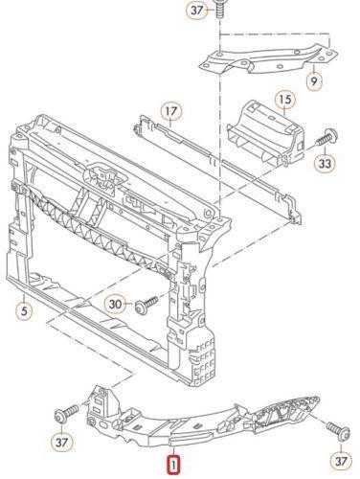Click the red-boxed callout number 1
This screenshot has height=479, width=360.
[x=174, y=465]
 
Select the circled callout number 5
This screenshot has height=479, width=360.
[x=25, y=310]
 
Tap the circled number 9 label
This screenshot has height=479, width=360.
[x=314, y=81]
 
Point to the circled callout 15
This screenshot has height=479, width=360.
[x=285, y=100]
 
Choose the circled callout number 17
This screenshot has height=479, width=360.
[x=171, y=111]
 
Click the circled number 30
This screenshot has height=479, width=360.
[x=116, y=305]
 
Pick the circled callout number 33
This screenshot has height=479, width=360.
[x=326, y=164]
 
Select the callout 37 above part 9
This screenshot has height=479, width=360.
[x=197, y=11]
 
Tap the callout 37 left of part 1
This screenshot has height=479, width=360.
[x=61, y=443]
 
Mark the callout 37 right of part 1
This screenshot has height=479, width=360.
[x=341, y=461]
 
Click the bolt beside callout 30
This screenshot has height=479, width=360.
[x=146, y=305]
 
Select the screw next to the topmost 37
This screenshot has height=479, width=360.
[x=219, y=9]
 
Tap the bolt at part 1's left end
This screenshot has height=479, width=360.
[x=66, y=414]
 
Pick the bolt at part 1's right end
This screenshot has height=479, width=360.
[x=338, y=430]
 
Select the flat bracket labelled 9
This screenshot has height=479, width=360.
[x=268, y=59]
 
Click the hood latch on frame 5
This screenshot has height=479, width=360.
[x=102, y=176]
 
